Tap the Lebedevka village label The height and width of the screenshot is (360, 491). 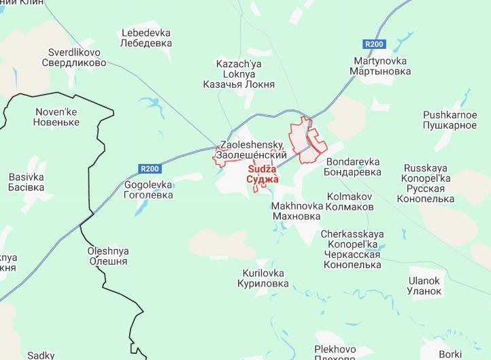click(146, 37)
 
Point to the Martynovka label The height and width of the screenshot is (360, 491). click(382, 65)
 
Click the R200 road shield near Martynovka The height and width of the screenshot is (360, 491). click(374, 44)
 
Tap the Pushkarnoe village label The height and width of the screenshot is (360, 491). click(450, 120)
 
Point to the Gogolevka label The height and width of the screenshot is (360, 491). click(149, 189)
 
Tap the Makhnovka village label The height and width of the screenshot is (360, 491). click(296, 211)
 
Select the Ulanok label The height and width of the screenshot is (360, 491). click(424, 286)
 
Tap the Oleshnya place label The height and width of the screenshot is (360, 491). click(107, 256)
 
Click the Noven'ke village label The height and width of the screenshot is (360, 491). click(57, 117)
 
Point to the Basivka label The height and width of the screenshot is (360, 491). click(27, 182)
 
